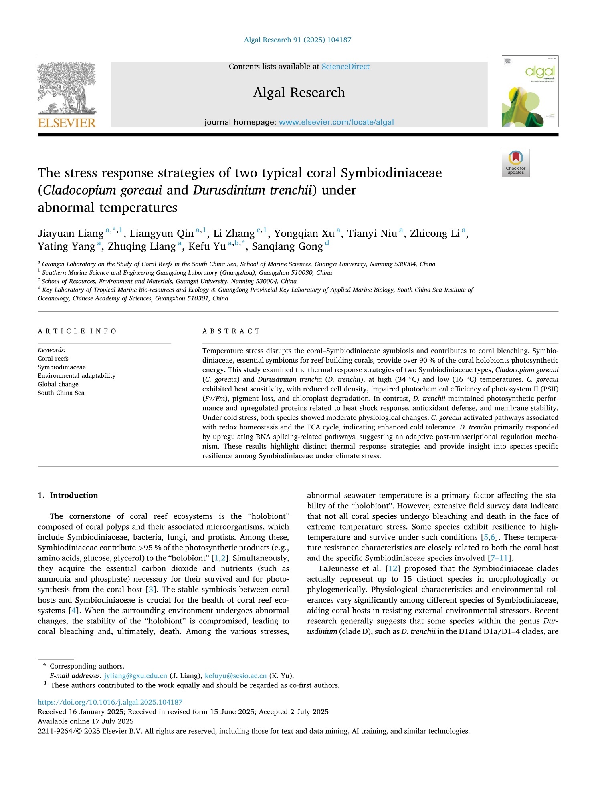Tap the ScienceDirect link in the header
[x=345, y=67]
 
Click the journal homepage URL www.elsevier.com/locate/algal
[x=336, y=122]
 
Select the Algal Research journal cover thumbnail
[x=530, y=91]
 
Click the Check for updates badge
[x=515, y=163]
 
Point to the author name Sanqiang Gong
[x=287, y=246]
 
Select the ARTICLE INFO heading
[x=77, y=331]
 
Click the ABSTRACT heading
[x=231, y=331]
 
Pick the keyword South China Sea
[x=61, y=393]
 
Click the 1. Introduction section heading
[x=68, y=495]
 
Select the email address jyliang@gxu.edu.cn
[x=135, y=676]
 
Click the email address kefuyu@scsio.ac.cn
[x=236, y=676]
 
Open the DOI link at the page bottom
[x=110, y=702]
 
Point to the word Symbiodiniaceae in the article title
[x=391, y=173]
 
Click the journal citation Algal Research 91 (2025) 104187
[x=297, y=40]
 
